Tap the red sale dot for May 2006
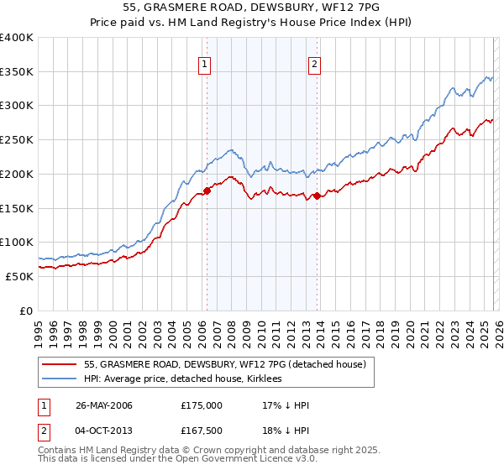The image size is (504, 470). click(207, 191)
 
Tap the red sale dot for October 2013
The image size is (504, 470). click(317, 196)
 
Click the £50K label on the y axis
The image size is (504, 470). click(19, 276)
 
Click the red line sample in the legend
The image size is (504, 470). click(60, 364)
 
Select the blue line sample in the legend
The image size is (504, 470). click(60, 379)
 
